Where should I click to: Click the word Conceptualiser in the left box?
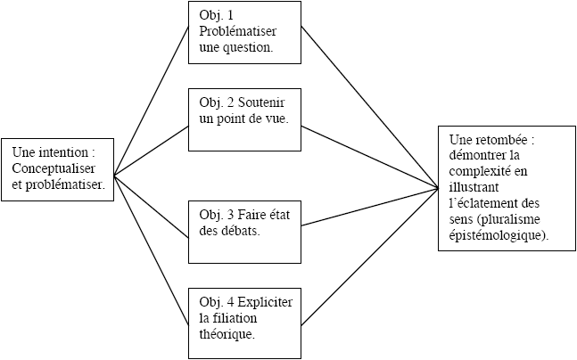[x=54, y=168]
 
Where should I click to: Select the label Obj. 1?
[x=216, y=15]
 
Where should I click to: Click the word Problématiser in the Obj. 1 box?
[x=237, y=31]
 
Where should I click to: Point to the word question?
[x=248, y=48]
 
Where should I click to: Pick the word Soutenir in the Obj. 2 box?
[x=261, y=102]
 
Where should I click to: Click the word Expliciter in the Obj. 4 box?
[x=265, y=302]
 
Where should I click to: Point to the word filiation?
[x=234, y=318]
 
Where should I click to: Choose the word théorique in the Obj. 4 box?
[x=227, y=335]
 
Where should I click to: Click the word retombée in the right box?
[x=501, y=140]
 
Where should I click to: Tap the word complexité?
[x=477, y=171]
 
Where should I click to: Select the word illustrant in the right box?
[x=474, y=187]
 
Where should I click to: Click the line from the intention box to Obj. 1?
[x=152, y=101]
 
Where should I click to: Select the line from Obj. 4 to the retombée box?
[x=369, y=257]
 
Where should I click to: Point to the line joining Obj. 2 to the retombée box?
[x=369, y=158]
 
